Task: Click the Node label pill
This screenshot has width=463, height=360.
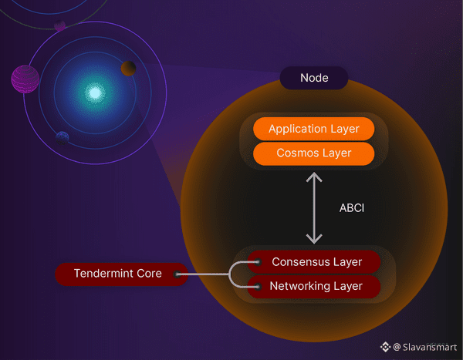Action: point(314,78)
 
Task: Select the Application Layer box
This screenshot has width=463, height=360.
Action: point(313,129)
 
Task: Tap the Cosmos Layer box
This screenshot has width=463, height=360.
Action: point(313,153)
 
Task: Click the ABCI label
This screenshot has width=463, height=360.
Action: point(351,207)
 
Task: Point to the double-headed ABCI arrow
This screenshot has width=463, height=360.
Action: point(313,207)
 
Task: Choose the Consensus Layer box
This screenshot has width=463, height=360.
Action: point(316,262)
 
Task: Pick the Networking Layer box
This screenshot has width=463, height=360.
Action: point(316,287)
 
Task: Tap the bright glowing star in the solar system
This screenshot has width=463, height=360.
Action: point(94,93)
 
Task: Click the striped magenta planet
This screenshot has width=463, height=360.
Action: point(25,78)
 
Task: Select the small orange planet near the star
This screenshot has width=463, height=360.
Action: point(128,69)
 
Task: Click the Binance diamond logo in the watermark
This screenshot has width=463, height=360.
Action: point(385,347)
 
